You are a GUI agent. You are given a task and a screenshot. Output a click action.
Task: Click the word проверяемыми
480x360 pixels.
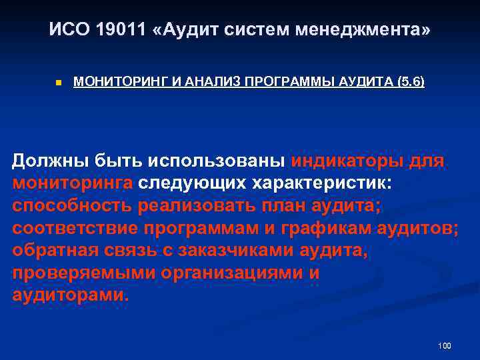[x=79, y=274]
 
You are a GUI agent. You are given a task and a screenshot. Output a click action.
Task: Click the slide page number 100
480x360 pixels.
[x=445, y=345]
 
